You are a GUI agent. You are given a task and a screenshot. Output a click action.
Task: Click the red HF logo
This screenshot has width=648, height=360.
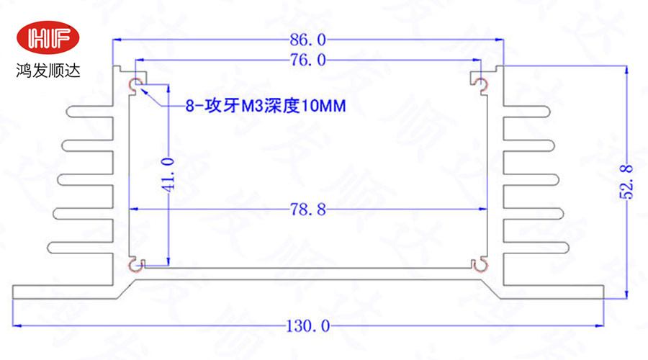[49, 38]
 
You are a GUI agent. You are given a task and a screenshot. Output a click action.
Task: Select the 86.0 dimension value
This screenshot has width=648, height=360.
[308, 39]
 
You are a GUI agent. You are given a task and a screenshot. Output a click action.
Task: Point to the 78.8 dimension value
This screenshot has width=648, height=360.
[308, 210]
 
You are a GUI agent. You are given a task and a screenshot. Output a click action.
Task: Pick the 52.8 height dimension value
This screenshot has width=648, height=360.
[627, 181]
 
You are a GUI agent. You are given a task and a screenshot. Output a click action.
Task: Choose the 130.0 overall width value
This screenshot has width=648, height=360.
[308, 326]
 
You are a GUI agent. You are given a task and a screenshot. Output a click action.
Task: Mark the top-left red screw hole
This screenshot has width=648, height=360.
[134, 86]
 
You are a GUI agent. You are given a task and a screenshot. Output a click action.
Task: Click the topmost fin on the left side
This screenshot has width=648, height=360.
[91, 112]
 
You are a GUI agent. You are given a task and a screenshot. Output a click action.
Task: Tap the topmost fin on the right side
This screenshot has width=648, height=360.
[526, 112]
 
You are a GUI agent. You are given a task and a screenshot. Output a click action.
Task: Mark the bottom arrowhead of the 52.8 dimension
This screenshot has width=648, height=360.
[627, 294]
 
